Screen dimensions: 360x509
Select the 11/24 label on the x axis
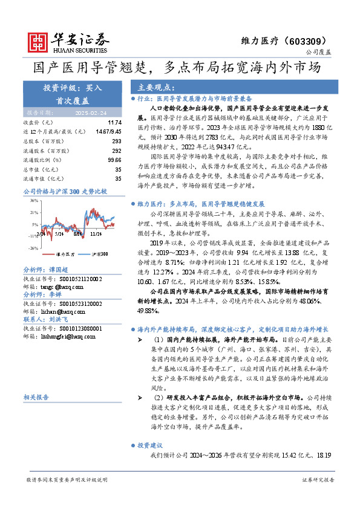pos(96,232)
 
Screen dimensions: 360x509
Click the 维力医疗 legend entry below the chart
pos(65,254)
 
